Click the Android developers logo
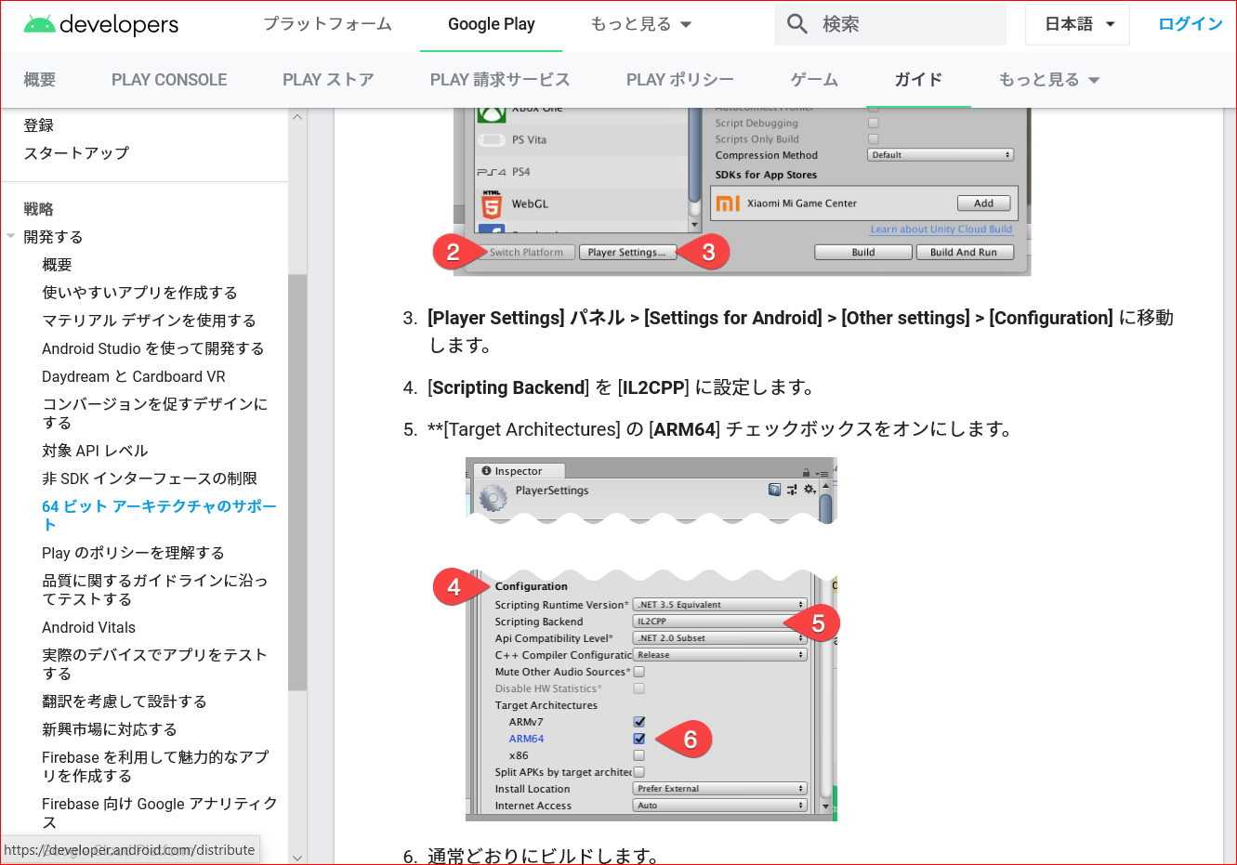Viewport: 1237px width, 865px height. pyautogui.click(x=100, y=24)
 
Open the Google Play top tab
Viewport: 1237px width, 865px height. pyautogui.click(x=491, y=24)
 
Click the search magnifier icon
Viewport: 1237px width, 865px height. pyautogui.click(x=797, y=24)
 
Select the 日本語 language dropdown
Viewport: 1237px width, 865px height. pyautogui.click(x=1077, y=24)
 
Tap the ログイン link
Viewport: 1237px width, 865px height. pyautogui.click(x=1190, y=24)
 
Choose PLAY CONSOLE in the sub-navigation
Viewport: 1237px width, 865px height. pyautogui.click(x=169, y=80)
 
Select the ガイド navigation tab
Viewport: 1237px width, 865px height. pyautogui.click(x=918, y=80)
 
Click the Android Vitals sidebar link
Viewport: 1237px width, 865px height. pyautogui.click(x=88, y=627)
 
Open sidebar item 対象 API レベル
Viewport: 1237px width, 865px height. pyautogui.click(x=95, y=451)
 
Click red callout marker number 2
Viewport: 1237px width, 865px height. pyautogui.click(x=454, y=252)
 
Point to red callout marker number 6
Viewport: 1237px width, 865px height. pyautogui.click(x=690, y=740)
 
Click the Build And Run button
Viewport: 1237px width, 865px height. pyautogui.click(x=963, y=252)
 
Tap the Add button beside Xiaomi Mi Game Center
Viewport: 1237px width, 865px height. pyautogui.click(x=983, y=203)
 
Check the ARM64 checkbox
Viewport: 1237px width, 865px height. pyautogui.click(x=639, y=739)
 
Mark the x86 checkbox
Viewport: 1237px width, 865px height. pyautogui.click(x=639, y=755)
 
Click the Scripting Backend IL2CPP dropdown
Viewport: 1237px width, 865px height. pyautogui.click(x=718, y=622)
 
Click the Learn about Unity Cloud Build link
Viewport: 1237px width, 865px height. pyautogui.click(x=941, y=229)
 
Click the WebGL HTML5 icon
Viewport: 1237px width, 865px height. pyautogui.click(x=492, y=204)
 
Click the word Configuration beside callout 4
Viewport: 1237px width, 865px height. pyautogui.click(x=531, y=586)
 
